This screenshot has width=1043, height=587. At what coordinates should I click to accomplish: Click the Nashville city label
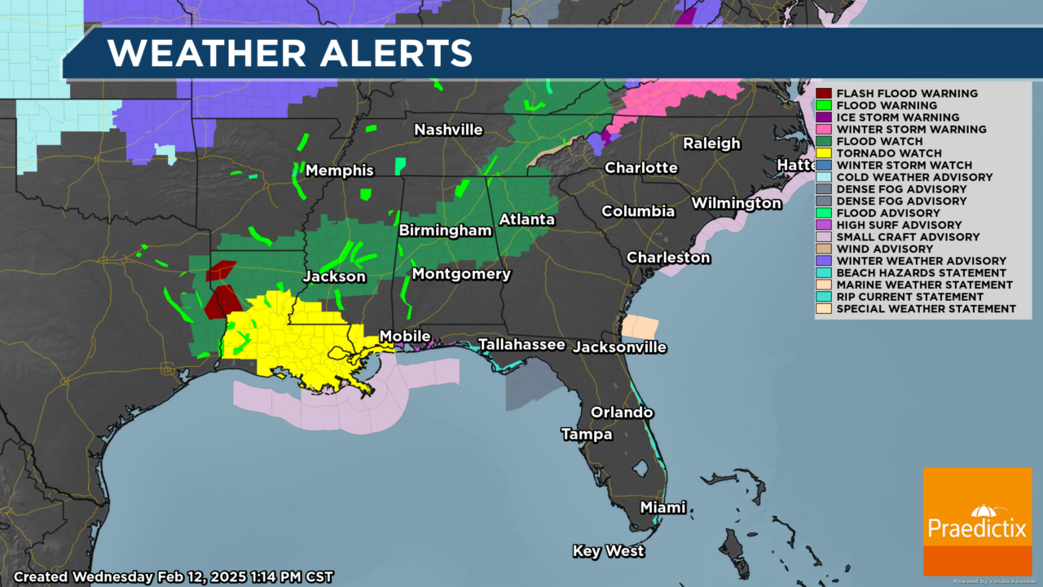448,130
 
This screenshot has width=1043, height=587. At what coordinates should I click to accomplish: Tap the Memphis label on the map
340,170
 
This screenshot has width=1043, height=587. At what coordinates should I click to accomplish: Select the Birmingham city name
445,231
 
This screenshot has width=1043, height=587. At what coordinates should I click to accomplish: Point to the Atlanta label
526,219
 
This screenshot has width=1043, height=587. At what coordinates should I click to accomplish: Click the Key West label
609,551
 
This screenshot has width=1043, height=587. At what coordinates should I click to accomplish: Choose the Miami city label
662,507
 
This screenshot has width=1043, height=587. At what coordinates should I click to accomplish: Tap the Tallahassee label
521,344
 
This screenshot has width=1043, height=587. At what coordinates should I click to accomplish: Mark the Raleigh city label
711,143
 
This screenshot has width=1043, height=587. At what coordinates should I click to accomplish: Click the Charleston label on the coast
668,258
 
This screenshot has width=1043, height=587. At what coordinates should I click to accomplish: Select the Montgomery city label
461,274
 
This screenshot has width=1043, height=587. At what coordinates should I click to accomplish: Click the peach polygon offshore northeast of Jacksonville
640,326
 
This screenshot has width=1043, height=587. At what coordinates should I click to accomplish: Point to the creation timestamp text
174,576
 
